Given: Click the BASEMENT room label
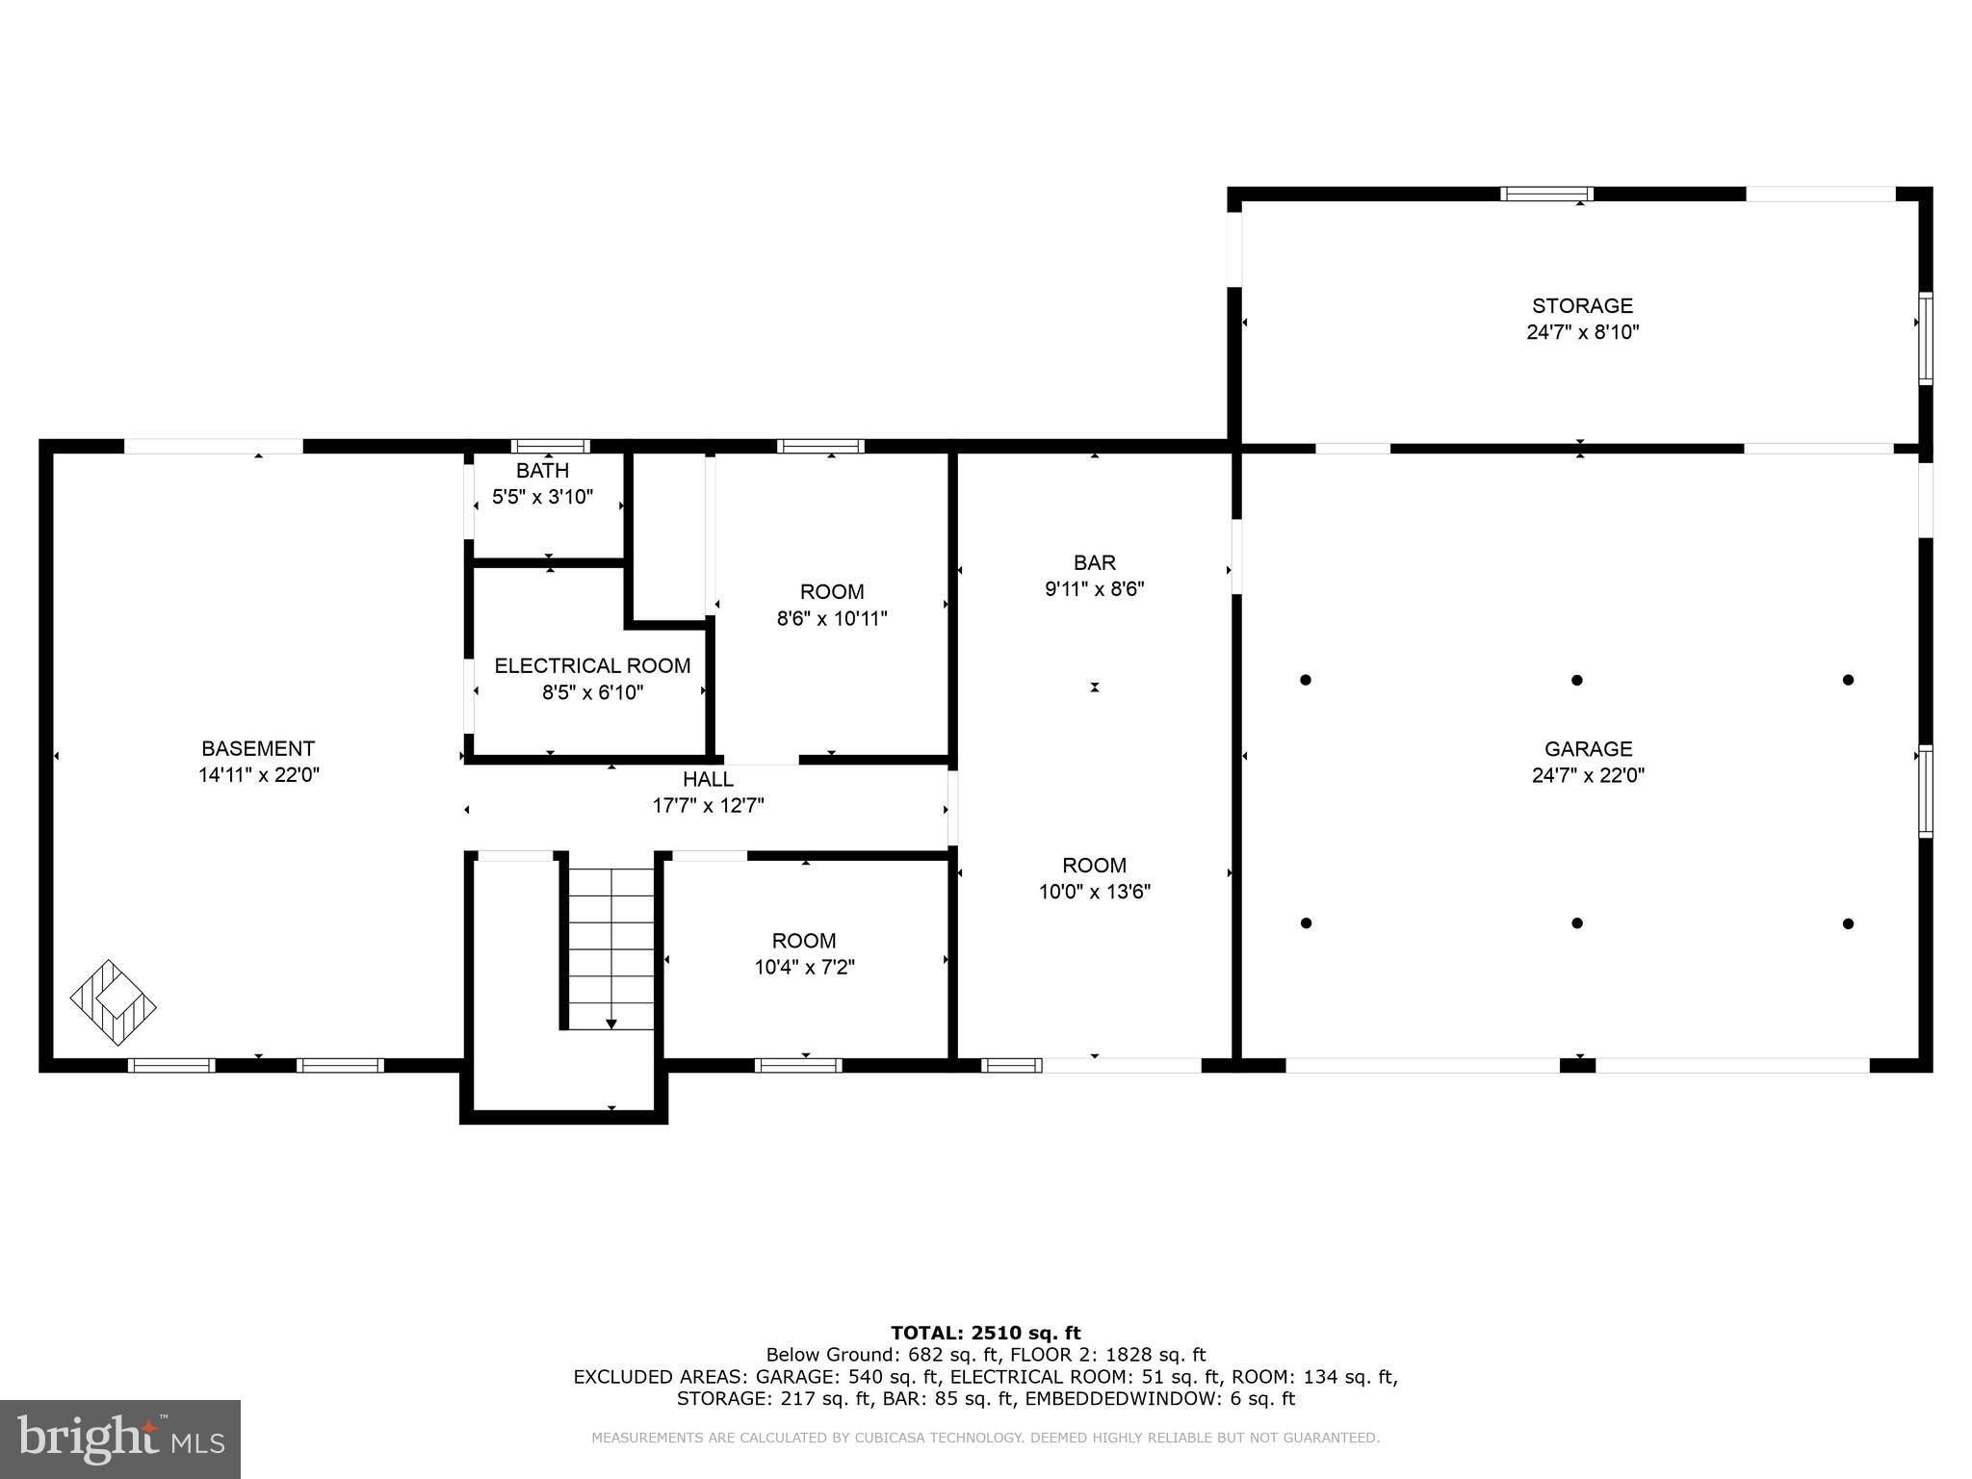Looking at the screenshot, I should [257, 748].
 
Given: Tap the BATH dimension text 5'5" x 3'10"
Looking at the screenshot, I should [542, 498].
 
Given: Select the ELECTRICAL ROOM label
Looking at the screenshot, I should [592, 665].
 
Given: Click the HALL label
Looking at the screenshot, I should [708, 779].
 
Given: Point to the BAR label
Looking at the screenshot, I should [1094, 562].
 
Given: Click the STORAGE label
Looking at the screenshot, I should [1582, 305].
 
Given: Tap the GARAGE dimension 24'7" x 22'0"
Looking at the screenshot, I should [1588, 775].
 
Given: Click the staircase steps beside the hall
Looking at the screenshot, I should [610, 948].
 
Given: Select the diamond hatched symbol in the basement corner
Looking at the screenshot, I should [113, 1003].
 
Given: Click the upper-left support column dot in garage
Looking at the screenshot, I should [1306, 680].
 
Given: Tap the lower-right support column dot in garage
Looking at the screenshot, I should [1848, 923].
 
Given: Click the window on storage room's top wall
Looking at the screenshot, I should [1546, 194].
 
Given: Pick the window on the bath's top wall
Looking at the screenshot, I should [550, 446].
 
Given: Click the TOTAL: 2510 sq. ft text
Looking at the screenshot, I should [985, 1333].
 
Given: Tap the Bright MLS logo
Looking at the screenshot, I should [119, 1439].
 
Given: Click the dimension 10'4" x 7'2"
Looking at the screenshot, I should [804, 967].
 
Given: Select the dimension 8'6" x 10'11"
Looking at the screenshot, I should [831, 618].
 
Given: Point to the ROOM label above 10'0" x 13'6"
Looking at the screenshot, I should [1094, 865].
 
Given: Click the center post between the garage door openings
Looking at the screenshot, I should [1576, 1065].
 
